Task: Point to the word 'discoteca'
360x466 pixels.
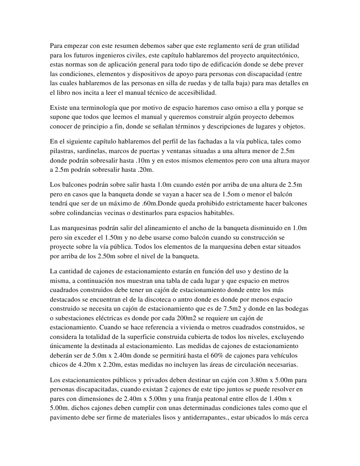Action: click(162, 299)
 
